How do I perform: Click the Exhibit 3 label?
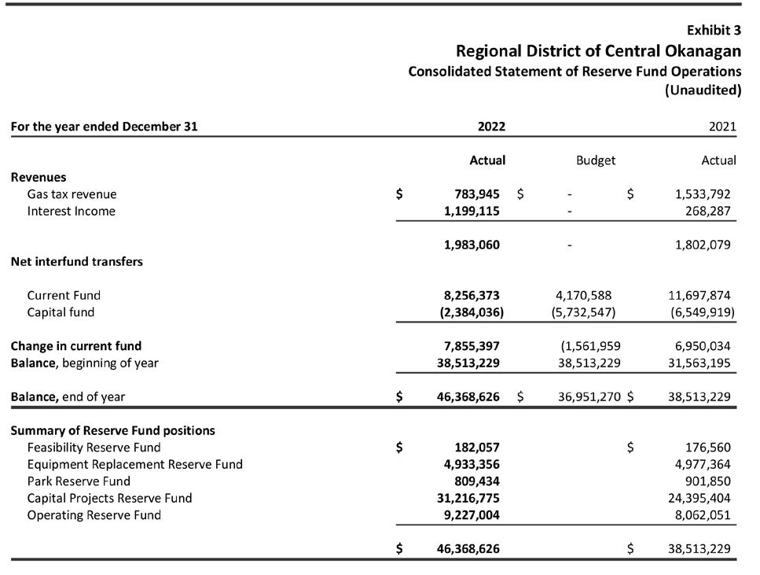714,31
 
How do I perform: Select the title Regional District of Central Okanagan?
598,51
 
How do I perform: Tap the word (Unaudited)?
703,90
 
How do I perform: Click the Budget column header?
595,160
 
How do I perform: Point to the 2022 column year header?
491,127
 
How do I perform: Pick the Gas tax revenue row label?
72,194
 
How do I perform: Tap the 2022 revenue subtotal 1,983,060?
472,245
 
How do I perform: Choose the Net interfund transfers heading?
77,262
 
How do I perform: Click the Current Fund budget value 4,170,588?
583,296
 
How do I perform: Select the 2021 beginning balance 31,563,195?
699,363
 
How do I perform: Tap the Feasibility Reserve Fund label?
94,448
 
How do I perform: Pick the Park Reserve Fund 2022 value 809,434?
476,481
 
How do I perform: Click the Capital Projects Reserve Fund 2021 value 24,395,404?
699,498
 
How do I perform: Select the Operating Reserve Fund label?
94,515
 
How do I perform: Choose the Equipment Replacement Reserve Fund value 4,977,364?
703,464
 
